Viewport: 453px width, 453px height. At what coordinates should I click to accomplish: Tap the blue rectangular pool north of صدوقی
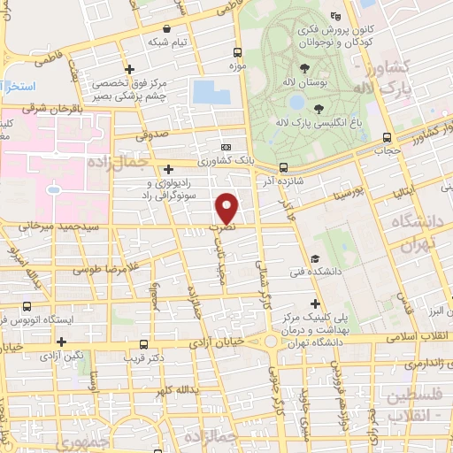point(205,91)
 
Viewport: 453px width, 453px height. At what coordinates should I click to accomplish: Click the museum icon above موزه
point(236,53)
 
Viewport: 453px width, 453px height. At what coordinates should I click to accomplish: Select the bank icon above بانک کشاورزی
point(226,148)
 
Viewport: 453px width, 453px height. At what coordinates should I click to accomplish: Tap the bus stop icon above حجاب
point(387,137)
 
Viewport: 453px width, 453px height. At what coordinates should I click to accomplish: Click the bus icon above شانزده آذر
point(282,167)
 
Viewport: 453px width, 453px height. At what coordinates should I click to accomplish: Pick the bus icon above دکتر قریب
point(143,345)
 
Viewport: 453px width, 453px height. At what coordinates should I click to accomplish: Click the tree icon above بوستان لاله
point(304,67)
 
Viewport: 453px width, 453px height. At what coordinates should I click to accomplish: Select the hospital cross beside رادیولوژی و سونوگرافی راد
point(168,168)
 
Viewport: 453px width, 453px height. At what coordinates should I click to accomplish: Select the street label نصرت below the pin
point(227,227)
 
